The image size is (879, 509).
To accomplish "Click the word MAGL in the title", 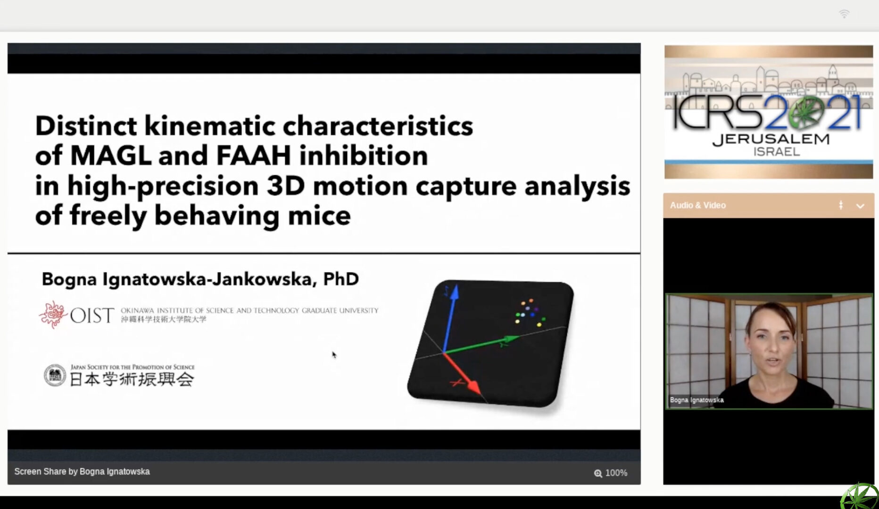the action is (111, 156).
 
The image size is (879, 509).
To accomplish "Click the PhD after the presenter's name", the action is (341, 279).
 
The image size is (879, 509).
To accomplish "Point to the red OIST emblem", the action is (53, 314).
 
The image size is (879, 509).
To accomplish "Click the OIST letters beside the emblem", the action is (92, 315).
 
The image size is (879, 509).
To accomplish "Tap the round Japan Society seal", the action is (55, 376).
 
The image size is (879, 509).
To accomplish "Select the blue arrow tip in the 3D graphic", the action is (454, 292).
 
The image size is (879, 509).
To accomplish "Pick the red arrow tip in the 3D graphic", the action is (473, 387).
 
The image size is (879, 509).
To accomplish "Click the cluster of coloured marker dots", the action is (531, 312).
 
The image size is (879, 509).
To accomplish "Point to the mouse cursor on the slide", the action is (334, 355).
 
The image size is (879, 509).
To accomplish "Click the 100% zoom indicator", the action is (611, 473).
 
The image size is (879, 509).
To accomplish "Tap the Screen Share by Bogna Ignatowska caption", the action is (82, 472).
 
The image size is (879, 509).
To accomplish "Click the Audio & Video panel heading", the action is (698, 205).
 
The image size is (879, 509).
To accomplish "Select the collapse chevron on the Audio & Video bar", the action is (860, 206).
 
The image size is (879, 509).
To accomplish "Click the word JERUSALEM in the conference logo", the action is (771, 140).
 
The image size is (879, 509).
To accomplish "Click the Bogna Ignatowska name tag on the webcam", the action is (697, 400).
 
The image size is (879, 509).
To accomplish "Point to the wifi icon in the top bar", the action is (844, 14).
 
